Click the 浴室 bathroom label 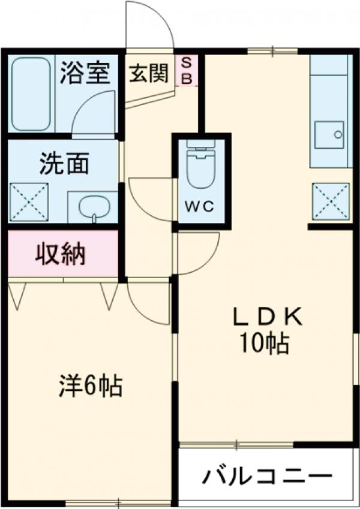[x=85, y=73]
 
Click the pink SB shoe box [x=187, y=70]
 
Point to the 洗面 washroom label [x=64, y=163]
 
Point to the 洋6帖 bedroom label [x=91, y=385]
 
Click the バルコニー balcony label [x=266, y=477]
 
